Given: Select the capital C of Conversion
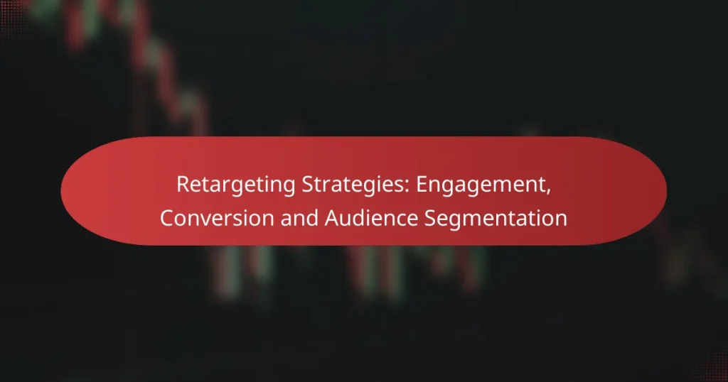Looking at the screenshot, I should coord(166,218).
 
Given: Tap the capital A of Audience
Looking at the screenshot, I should coord(331,218).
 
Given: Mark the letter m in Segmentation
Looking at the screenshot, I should coord(486,219).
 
